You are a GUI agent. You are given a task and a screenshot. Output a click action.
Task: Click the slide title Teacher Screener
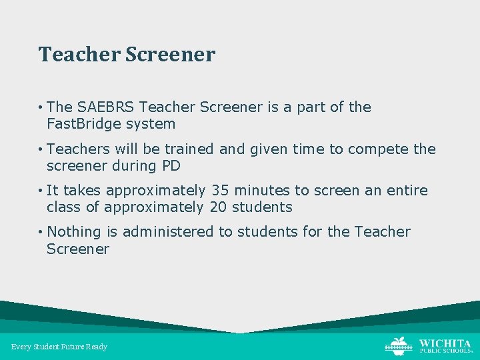127,54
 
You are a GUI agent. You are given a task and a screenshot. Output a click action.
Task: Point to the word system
154,124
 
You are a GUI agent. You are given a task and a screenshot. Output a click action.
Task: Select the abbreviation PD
171,166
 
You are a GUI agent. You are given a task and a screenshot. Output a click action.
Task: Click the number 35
221,191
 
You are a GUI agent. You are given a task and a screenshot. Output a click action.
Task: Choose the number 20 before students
218,207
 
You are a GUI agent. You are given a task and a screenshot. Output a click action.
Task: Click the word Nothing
74,232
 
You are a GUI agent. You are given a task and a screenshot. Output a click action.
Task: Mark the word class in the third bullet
63,207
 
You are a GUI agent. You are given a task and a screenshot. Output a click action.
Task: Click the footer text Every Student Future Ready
59,347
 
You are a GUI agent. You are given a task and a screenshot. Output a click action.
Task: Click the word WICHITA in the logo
445,342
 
